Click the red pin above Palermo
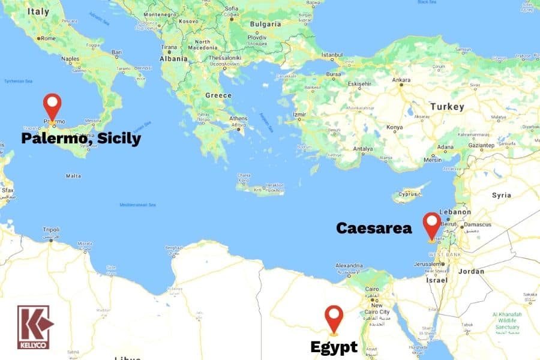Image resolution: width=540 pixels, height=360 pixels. click(53, 106)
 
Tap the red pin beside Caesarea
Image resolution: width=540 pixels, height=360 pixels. click(431, 224)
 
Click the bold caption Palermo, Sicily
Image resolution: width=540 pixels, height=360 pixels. click(81, 139)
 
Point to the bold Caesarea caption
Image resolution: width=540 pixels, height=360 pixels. click(374, 228)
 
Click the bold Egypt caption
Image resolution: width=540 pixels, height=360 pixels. click(334, 347)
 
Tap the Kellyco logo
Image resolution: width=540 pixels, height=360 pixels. click(35, 327)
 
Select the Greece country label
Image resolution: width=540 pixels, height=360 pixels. click(218, 95)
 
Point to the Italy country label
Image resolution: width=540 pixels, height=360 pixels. click(38, 11)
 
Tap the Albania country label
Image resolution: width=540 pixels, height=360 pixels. click(173, 59)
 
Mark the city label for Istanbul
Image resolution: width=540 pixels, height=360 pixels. click(331, 55)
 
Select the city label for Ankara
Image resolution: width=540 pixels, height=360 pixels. click(401, 80)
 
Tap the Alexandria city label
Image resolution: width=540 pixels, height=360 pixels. click(349, 265)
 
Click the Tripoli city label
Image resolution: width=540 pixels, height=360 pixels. click(51, 229)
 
